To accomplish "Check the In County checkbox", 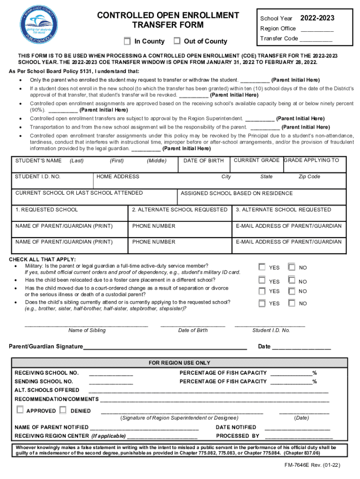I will click(127, 41).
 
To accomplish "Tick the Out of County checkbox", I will click(177, 41).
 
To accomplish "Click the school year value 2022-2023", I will click(317, 18).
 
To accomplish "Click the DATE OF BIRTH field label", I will click(203, 160).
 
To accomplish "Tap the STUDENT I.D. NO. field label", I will click(38, 176).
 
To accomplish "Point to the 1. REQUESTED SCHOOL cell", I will click(47, 210).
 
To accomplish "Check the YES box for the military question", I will click(262, 267).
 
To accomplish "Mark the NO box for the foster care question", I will click(292, 281).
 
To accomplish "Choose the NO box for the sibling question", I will click(292, 303).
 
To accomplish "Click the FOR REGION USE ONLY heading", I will click(180, 363).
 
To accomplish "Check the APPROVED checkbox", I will click(20, 410).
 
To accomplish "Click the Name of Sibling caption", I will click(87, 330).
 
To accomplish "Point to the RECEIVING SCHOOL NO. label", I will click(47, 373).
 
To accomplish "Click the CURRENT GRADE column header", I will click(257, 160).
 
